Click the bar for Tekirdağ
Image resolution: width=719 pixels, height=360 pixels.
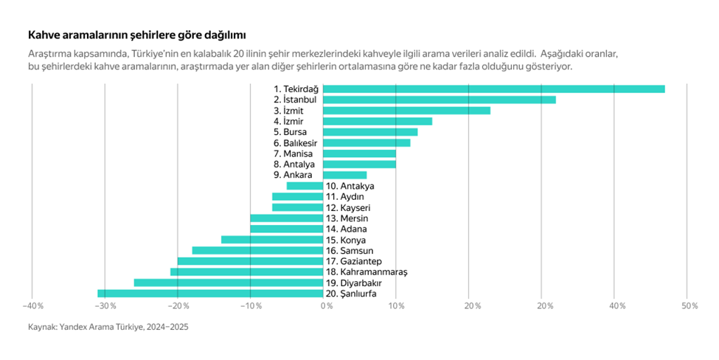pos(493,89)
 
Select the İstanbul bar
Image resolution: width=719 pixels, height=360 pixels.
pos(439,100)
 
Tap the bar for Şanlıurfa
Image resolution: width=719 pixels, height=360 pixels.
pos(210,294)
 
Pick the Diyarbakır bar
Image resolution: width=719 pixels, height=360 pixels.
pos(229,283)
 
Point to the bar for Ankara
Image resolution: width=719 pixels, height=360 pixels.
pos(344,175)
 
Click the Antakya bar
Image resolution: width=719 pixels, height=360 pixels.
pos(305,186)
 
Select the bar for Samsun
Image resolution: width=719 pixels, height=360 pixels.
pos(257,251)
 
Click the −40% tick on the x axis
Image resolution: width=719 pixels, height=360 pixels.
pos(32,305)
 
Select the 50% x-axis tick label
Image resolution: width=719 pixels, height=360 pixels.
pos(690,305)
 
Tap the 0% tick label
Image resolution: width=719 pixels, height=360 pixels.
pos(326,305)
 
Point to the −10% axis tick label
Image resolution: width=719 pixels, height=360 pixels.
pos(251,305)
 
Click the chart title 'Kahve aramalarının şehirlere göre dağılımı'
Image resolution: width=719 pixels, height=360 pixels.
pos(136,35)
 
